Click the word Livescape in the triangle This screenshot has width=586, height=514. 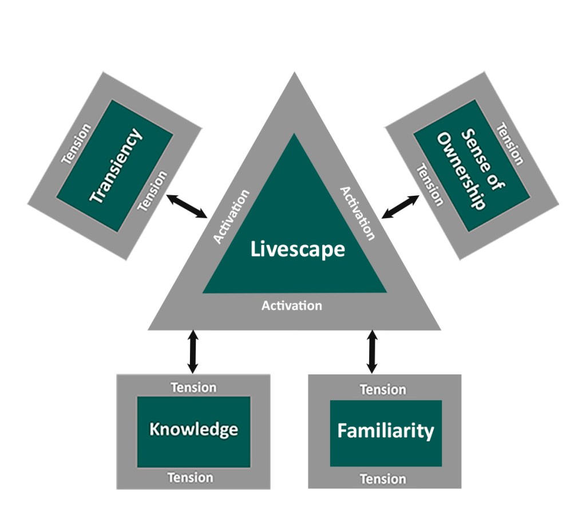click(x=298, y=250)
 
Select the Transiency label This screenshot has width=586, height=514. click(x=116, y=166)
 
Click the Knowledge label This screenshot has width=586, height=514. click(x=193, y=429)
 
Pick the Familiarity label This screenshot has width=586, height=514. click(x=386, y=430)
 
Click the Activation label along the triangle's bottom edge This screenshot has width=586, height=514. click(x=292, y=306)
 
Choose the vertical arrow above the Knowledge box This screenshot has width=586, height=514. click(x=193, y=351)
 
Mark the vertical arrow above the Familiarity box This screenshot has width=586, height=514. click(x=372, y=351)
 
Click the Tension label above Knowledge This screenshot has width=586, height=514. click(x=193, y=388)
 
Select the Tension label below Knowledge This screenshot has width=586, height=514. click(x=190, y=477)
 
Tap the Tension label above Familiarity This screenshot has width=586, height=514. click(x=383, y=390)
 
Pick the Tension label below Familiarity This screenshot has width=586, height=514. click(x=383, y=479)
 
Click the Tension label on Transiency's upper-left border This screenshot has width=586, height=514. click(x=76, y=143)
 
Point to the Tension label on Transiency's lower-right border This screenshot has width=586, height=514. click(x=153, y=191)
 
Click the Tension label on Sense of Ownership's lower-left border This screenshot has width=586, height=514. click(x=429, y=185)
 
